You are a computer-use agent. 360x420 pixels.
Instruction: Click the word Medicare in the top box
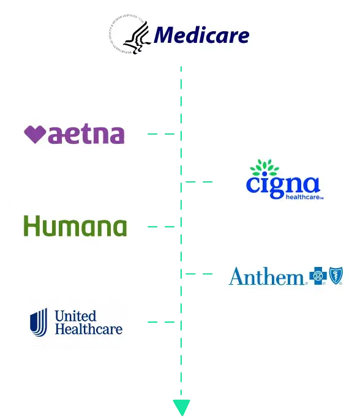(x=201, y=35)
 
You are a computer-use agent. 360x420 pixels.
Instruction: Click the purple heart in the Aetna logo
(x=35, y=134)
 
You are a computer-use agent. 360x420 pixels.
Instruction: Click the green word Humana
(x=75, y=227)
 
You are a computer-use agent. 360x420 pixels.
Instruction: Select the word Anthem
(x=266, y=276)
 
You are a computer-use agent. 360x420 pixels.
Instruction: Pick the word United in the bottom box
(x=75, y=316)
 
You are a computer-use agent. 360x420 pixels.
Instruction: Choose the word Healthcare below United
(x=88, y=329)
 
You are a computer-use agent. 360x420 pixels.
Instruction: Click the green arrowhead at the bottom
(x=182, y=405)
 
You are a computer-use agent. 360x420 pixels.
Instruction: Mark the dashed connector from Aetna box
(x=162, y=134)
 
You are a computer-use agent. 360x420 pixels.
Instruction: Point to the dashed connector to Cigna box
(x=200, y=183)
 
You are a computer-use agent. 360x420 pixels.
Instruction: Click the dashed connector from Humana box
(x=162, y=227)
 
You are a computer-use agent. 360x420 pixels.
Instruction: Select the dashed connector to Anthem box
(x=200, y=274)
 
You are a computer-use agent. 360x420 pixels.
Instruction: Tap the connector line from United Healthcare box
(x=162, y=321)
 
